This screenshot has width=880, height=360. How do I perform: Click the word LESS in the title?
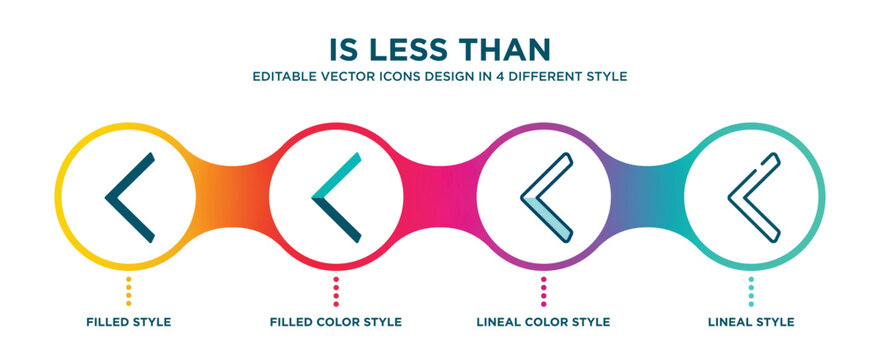pyautogui.click(x=420, y=49)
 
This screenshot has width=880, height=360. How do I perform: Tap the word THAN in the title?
pyautogui.click(x=508, y=49)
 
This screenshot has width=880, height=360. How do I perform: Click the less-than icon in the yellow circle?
pyautogui.click(x=129, y=197)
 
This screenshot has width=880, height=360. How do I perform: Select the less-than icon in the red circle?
pyautogui.click(x=336, y=197)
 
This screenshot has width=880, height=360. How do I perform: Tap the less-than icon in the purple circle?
pyautogui.click(x=546, y=197)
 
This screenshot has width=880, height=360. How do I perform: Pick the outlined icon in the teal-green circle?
pyautogui.click(x=752, y=197)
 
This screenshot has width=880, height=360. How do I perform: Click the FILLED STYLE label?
pyautogui.click(x=128, y=322)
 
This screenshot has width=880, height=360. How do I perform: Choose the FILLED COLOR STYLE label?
pyautogui.click(x=336, y=322)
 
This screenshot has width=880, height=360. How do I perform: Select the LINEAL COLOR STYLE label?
pyautogui.click(x=544, y=322)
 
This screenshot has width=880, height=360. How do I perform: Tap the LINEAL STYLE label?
pyautogui.click(x=752, y=322)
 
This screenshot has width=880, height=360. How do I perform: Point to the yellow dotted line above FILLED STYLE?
pyautogui.click(x=128, y=289)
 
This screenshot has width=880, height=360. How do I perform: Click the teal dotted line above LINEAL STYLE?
pyautogui.click(x=752, y=289)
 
